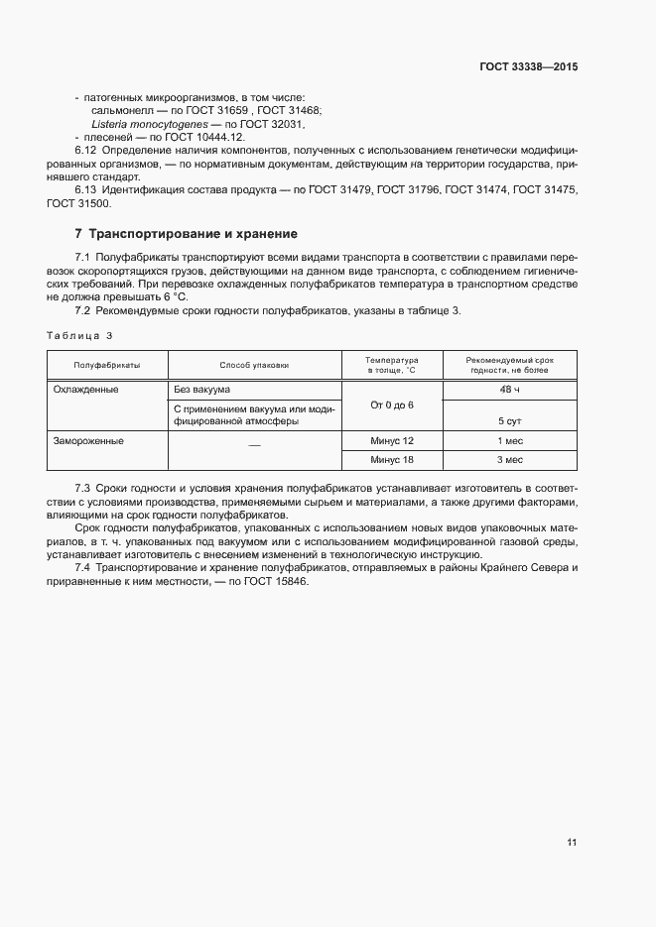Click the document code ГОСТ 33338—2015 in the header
point(529,66)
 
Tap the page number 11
point(572,842)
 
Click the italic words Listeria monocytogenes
point(147,124)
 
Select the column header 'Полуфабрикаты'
point(107,365)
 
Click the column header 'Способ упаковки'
point(254,365)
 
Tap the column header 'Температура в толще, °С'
point(391,364)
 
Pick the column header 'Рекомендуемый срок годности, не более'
point(509,364)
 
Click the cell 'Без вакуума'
point(201,390)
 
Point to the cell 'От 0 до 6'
point(391,406)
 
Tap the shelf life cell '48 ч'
point(510,390)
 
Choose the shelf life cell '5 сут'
point(510,420)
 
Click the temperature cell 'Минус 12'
point(391,439)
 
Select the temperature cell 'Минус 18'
point(391,459)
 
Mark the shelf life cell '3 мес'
point(510,459)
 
